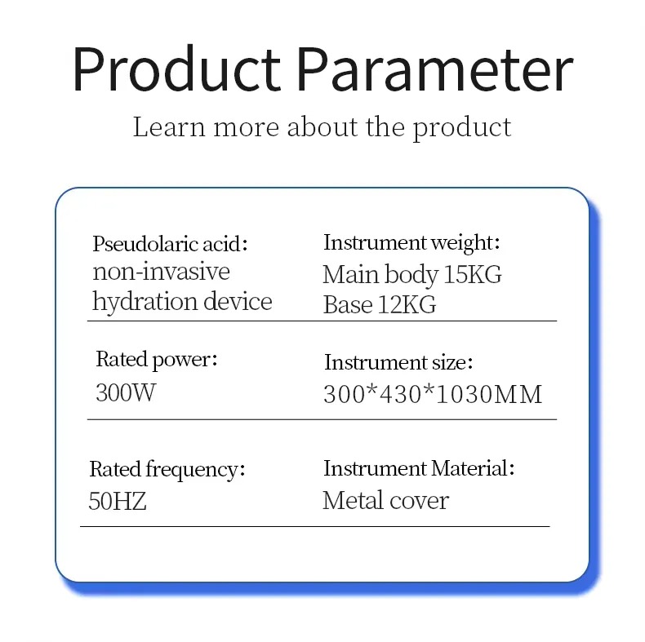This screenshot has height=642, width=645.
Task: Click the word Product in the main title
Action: pos(177,69)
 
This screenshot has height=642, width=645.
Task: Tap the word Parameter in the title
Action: pos(435,69)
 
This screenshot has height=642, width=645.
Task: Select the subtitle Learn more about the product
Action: pos(322,127)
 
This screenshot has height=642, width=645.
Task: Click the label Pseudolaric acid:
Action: pos(170,244)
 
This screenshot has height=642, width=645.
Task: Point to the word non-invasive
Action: pos(161,272)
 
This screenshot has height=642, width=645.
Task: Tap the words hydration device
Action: pos(182,302)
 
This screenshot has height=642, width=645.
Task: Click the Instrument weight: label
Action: pos(411,242)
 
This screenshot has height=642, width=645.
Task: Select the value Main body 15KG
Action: pos(412,274)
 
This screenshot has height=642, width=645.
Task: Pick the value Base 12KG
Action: pos(380,304)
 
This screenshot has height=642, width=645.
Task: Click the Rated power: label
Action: pos(156,360)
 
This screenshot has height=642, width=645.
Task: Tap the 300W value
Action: pos(126,392)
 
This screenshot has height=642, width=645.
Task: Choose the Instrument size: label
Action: pos(398,362)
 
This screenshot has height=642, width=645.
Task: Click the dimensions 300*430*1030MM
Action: pos(433,395)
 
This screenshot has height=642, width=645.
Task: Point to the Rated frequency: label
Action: pos(167,470)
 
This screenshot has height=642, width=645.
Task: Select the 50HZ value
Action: pos(118,501)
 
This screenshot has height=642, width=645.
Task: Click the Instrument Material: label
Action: pos(419,468)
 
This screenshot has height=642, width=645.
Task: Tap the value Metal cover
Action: pos(385,501)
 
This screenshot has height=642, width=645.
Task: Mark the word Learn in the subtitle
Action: pos(169,127)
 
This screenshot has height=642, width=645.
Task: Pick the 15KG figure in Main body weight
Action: pos(473,274)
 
